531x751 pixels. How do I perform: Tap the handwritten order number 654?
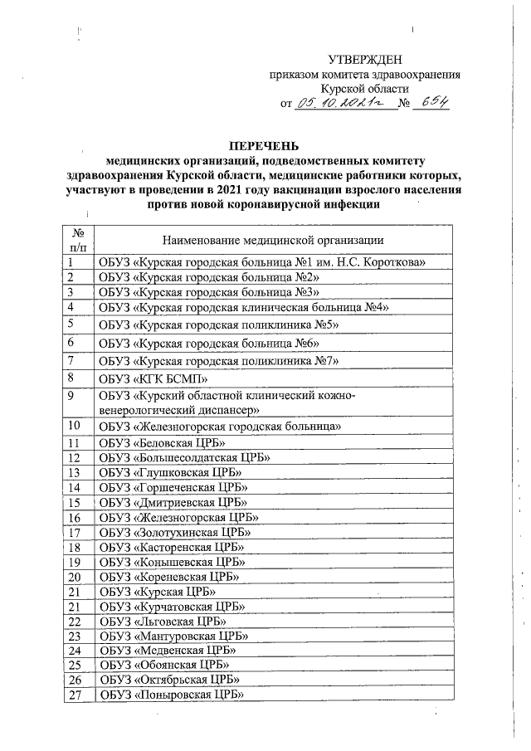tap(434, 103)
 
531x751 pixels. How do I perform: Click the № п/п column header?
tap(77, 240)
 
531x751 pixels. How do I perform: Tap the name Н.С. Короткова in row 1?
tap(389, 262)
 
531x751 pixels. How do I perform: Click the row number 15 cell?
tap(75, 503)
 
